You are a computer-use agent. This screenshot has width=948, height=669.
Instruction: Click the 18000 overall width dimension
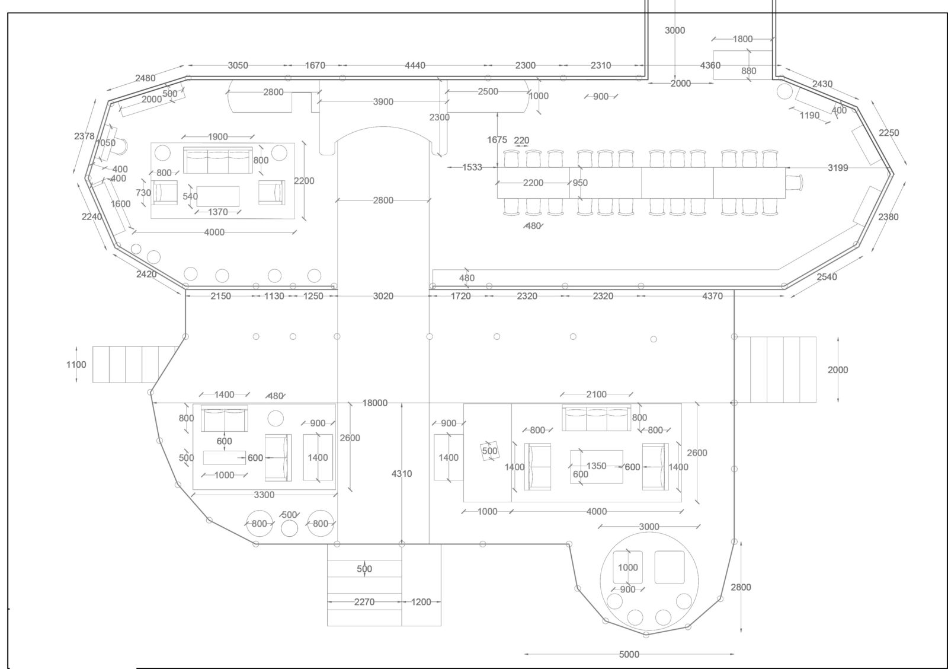[x=375, y=403]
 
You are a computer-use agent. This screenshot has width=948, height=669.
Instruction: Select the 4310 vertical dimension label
[x=402, y=474]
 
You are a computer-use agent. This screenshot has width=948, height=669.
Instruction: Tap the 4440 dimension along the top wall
[x=415, y=65]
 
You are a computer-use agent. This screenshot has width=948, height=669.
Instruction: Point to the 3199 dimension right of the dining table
[x=838, y=168]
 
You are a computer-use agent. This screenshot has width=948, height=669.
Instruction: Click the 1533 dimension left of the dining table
[x=472, y=167]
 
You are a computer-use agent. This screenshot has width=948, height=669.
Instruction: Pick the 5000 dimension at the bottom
[x=629, y=654]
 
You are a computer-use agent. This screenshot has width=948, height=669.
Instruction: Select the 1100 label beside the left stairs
[x=76, y=364]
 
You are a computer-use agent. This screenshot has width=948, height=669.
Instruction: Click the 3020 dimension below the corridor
[x=383, y=296]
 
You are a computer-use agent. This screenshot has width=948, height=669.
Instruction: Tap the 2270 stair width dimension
[x=364, y=601]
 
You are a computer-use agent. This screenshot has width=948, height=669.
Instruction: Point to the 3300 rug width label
[x=264, y=495]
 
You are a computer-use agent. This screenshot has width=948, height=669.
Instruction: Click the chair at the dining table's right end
[x=795, y=183]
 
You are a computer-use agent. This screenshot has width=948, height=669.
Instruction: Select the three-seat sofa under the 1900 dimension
[x=218, y=160]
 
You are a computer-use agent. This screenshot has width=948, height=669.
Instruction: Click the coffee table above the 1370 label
[x=218, y=196]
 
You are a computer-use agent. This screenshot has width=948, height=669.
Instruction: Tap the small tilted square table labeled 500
[x=489, y=451]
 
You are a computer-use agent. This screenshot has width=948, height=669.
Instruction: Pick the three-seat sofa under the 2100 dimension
[x=596, y=418]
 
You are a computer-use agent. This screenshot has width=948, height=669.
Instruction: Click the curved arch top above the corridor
[x=383, y=127]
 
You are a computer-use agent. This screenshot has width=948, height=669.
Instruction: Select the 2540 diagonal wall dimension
[x=827, y=276]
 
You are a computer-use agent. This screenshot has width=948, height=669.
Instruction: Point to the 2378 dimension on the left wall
[x=84, y=136]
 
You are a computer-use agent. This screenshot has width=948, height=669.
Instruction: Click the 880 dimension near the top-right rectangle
[x=749, y=71]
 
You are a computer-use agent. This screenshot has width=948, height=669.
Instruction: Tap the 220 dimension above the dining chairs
[x=521, y=140]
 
